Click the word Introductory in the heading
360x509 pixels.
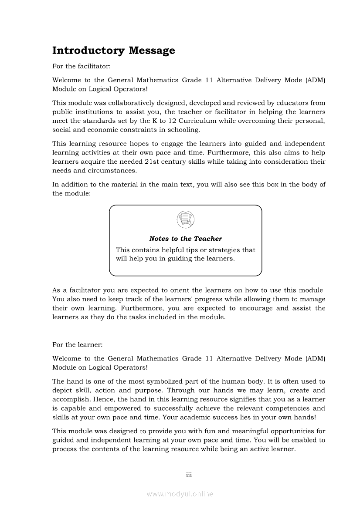(x=88, y=51)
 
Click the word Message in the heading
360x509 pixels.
(x=152, y=51)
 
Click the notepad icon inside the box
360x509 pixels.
(x=185, y=219)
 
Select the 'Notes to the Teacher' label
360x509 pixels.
(x=185, y=239)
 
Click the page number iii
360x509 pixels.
(x=189, y=475)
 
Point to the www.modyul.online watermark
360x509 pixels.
(x=180, y=494)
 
